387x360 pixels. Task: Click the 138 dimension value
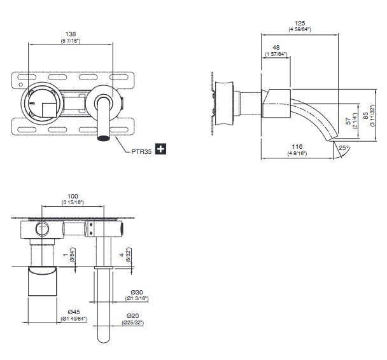tap(71, 34)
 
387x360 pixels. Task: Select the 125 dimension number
tap(300, 23)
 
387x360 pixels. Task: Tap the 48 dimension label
tap(276, 47)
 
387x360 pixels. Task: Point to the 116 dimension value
tap(297, 147)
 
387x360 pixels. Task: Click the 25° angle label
tap(344, 148)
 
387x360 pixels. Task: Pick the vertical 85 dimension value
tap(366, 115)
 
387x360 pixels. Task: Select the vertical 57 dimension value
tap(348, 121)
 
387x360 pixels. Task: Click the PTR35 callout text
tap(141, 151)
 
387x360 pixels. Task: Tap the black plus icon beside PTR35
tap(160, 149)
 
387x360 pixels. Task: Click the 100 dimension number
tap(73, 197)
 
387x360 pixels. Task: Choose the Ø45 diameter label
tap(74, 312)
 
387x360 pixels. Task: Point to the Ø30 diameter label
tap(136, 292)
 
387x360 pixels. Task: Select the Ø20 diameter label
tap(133, 316)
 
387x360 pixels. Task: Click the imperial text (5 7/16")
tap(71, 41)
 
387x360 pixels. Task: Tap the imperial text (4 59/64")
tap(300, 29)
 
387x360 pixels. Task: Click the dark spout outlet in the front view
tap(103, 138)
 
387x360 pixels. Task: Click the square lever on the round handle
tap(50, 110)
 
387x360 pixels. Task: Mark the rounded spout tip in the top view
tap(103, 340)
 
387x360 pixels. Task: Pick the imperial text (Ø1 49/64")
tap(74, 319)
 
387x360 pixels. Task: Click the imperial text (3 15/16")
tap(73, 202)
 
